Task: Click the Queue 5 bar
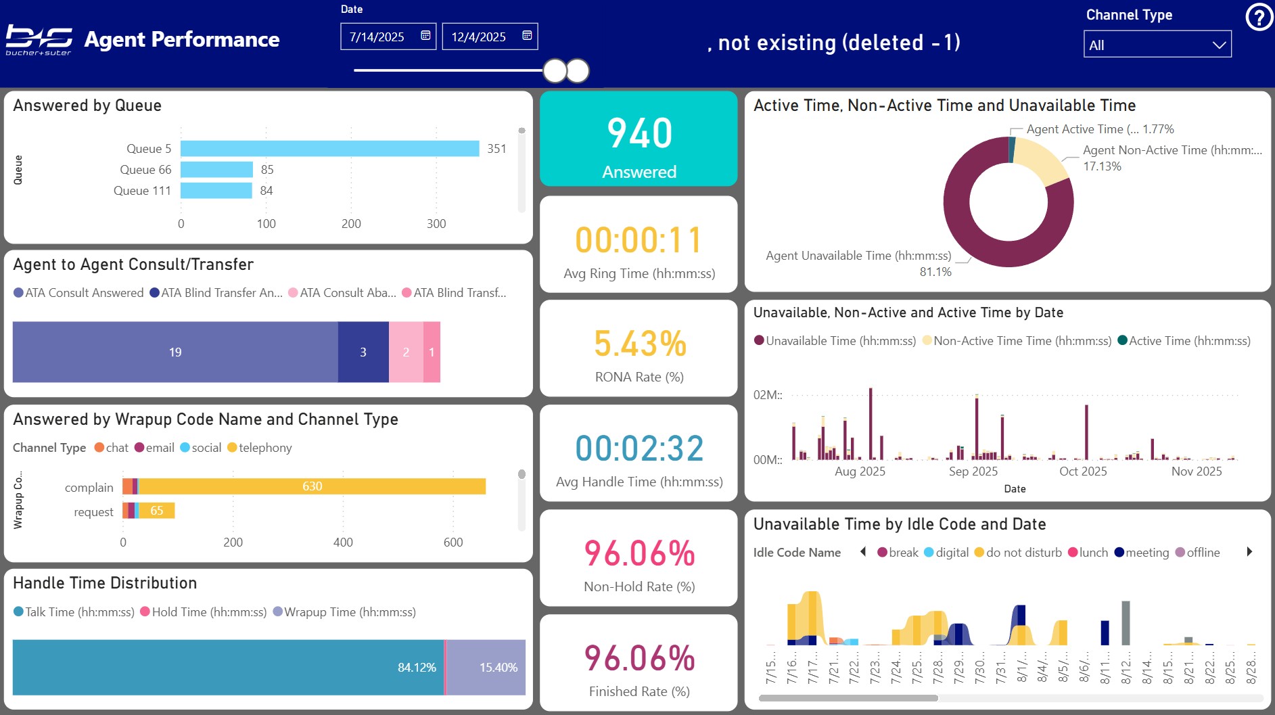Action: pos(329,149)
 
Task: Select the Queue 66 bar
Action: pos(216,170)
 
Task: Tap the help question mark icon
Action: pos(1259,18)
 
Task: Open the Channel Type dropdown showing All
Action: pos(1157,45)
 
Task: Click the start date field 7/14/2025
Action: pos(377,37)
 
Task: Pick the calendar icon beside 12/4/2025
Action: pos(527,36)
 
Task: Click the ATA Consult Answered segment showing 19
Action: pos(175,352)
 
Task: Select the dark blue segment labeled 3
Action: pos(363,352)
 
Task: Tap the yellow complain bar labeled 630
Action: pos(312,486)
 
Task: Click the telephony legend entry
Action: pos(264,448)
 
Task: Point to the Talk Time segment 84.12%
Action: pos(228,668)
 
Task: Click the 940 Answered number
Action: pos(639,133)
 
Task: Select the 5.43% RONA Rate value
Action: pos(639,344)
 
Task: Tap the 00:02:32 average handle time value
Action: pos(639,448)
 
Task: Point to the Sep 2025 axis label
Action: pos(973,471)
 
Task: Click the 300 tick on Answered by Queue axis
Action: pos(436,224)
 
